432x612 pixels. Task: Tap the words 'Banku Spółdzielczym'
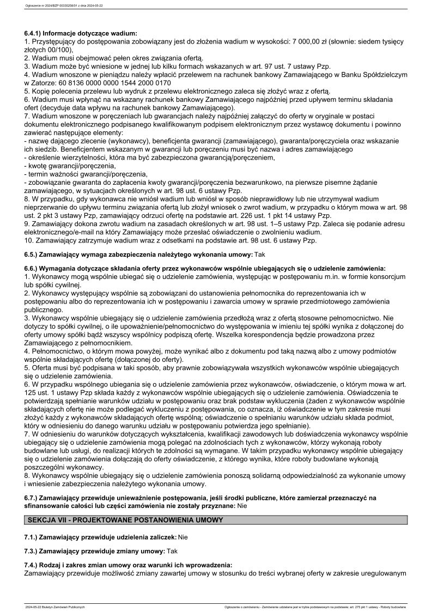click(x=369, y=75)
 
